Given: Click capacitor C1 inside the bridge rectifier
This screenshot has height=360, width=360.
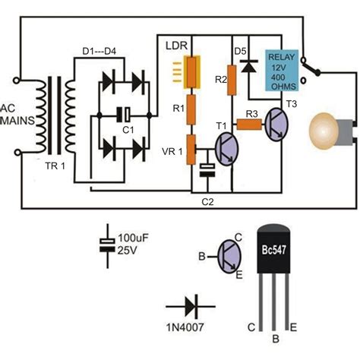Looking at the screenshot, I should click(124, 116).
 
